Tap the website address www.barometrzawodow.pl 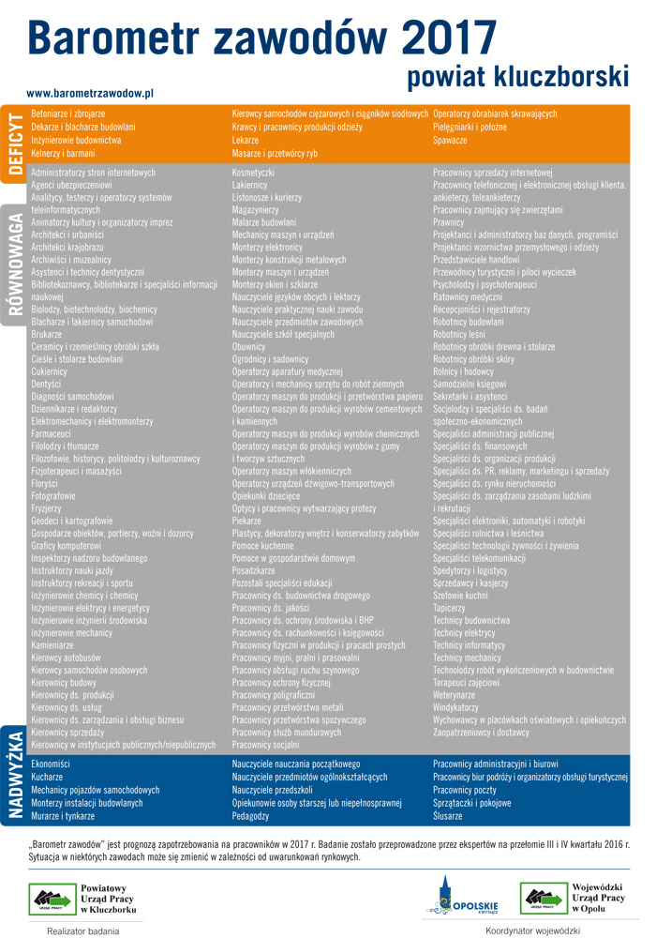pos(90,94)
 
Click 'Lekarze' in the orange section pos(246,140)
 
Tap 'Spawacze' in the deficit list pos(450,140)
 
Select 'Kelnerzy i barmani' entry pos(63,153)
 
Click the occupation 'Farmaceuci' pos(51,434)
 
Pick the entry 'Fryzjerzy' pos(46,507)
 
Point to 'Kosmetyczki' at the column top pos(253,173)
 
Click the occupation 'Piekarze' pos(246,520)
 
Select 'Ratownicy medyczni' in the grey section pos(468,297)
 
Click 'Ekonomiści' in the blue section pos(51,764)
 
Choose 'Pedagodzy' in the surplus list pos(250,816)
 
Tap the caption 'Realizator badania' pos(83,931)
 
